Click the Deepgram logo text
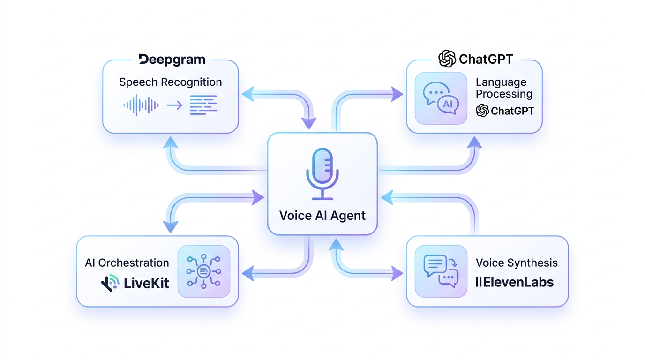click(172, 60)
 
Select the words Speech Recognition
click(170, 82)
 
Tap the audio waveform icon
click(141, 105)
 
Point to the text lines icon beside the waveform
click(203, 105)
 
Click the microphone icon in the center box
click(322, 173)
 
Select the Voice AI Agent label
click(322, 216)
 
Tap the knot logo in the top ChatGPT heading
click(447, 59)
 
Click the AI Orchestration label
click(127, 262)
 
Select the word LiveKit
click(146, 283)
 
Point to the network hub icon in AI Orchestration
click(203, 271)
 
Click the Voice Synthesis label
click(517, 262)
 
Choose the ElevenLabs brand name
click(514, 283)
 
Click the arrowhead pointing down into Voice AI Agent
click(308, 123)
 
